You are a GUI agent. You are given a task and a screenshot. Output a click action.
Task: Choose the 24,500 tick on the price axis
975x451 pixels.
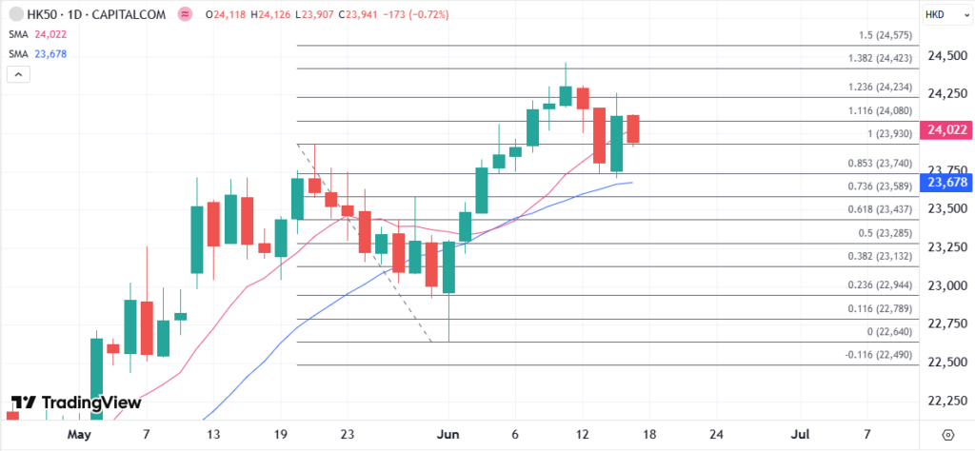[941, 56]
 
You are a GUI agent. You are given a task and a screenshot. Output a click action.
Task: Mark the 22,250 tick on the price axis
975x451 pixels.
[941, 401]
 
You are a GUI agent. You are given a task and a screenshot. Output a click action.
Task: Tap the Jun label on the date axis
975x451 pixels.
[448, 434]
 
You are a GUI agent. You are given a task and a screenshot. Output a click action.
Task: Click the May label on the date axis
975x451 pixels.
[79, 434]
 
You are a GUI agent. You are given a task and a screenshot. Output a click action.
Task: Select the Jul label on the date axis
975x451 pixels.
[799, 434]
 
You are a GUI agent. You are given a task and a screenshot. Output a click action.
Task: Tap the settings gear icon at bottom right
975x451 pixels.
[946, 435]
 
